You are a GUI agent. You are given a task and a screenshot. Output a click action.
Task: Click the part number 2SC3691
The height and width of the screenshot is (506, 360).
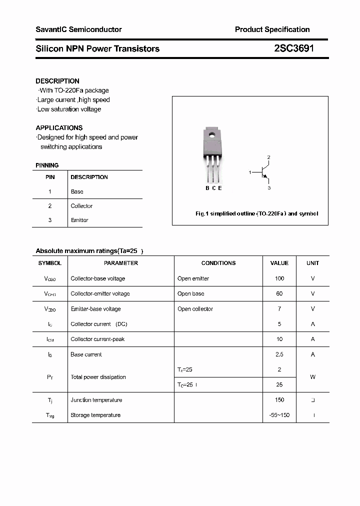tap(294, 48)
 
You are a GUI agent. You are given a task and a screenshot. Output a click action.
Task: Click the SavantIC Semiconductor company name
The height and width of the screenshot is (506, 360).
tap(78, 29)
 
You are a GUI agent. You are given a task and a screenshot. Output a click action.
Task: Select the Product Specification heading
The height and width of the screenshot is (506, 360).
tap(272, 29)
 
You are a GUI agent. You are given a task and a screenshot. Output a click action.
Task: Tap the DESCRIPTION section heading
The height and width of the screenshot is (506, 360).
tap(57, 81)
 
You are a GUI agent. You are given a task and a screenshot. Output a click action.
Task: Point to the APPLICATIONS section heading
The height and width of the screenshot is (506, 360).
tap(59, 128)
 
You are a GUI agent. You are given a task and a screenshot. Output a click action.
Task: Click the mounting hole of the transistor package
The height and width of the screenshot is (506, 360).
tap(212, 133)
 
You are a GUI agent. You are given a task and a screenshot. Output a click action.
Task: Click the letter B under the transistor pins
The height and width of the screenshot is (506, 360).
tap(207, 188)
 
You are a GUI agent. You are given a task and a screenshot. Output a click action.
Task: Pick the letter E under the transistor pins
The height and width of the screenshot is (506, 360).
tap(220, 188)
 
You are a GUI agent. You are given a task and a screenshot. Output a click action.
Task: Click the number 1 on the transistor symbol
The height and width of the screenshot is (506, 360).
tap(250, 172)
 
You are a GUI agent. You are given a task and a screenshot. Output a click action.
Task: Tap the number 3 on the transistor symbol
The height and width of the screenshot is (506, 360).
tap(269, 188)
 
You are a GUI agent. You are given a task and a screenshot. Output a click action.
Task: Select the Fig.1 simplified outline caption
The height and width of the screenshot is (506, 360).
tap(256, 213)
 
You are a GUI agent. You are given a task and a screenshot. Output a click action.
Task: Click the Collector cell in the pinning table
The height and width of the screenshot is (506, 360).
tap(81, 206)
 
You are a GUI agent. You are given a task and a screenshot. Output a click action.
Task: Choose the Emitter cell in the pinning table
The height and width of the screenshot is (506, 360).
tap(79, 220)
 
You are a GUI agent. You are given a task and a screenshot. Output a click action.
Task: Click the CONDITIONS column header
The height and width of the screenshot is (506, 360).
tap(218, 263)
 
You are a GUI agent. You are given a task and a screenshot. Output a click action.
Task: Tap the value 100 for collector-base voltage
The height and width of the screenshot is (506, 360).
tap(279, 278)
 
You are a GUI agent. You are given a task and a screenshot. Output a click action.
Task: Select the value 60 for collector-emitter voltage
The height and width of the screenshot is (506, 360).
tap(279, 293)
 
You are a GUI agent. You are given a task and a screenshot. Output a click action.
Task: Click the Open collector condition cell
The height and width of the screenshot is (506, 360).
tap(195, 309)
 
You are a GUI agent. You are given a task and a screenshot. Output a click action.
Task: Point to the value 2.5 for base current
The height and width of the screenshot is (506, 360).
tap(279, 354)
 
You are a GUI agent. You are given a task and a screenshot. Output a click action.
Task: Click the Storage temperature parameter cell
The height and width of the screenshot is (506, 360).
tap(95, 415)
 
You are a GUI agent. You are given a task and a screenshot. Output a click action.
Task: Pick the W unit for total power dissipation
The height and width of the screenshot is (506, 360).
tap(313, 377)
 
